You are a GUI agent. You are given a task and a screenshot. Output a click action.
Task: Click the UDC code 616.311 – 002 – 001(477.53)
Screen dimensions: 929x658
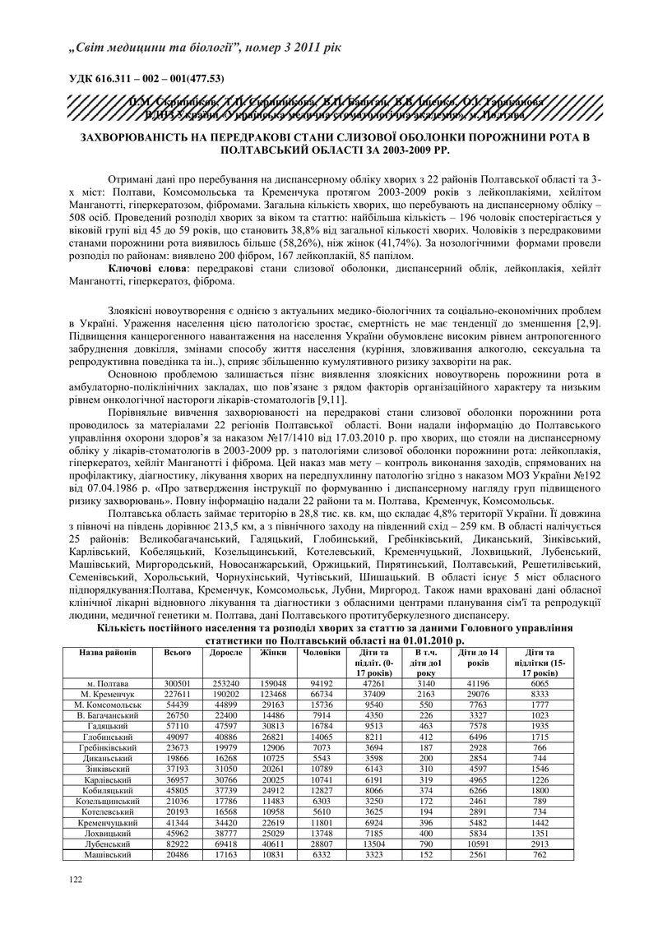point(146,78)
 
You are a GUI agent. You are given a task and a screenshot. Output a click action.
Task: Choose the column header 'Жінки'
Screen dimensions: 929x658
point(272,652)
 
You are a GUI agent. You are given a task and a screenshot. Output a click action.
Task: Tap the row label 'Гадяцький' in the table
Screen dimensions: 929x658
point(112,726)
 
